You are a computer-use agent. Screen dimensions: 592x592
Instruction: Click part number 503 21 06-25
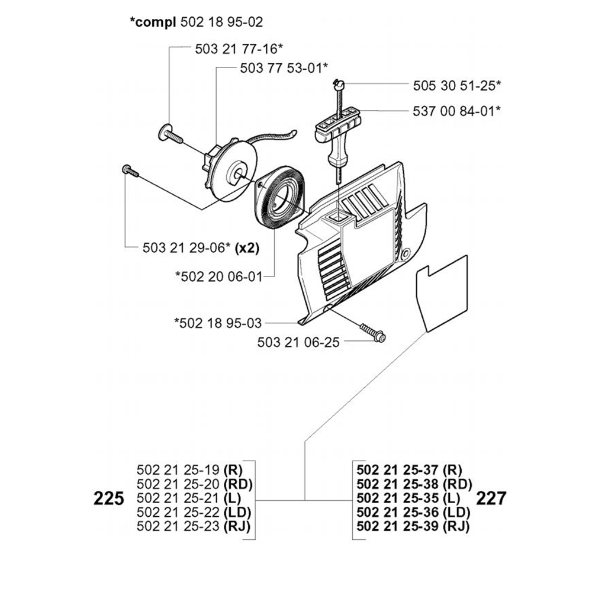(299, 342)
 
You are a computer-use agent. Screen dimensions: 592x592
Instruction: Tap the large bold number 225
(110, 498)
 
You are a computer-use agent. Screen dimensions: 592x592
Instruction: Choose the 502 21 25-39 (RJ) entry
(413, 526)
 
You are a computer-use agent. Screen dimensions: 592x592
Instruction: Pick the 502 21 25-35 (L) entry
(409, 498)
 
